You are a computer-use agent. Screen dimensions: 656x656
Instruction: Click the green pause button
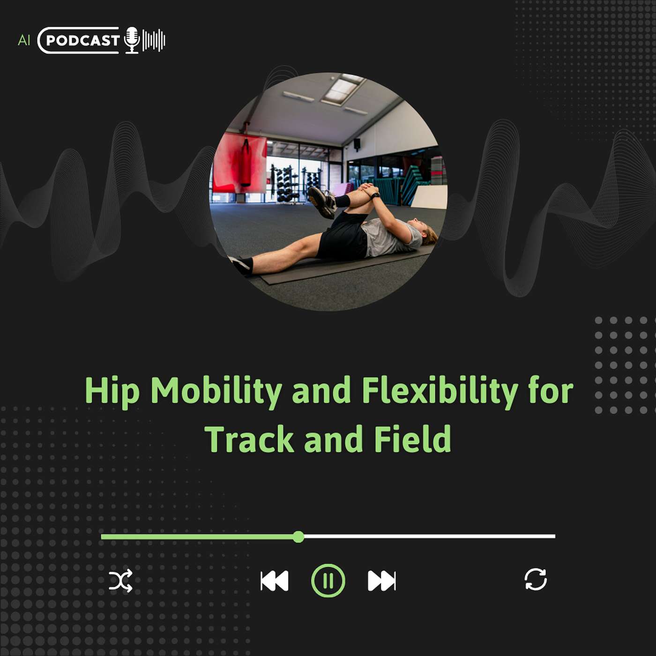pyautogui.click(x=328, y=581)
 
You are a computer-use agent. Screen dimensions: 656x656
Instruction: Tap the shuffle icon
pyautogui.click(x=120, y=581)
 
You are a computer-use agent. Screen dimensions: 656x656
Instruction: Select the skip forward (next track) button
pyautogui.click(x=381, y=581)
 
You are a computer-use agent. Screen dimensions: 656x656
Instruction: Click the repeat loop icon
pyautogui.click(x=536, y=579)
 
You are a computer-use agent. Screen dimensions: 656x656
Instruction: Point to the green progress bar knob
pyautogui.click(x=298, y=537)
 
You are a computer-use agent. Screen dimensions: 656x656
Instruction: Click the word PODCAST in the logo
pyautogui.click(x=82, y=41)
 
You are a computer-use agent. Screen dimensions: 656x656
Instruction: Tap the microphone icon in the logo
pyautogui.click(x=132, y=40)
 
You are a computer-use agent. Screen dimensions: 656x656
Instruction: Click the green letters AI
pyautogui.click(x=24, y=40)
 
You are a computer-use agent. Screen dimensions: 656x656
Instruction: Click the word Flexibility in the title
pyautogui.click(x=440, y=391)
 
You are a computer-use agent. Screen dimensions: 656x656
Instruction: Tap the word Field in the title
pyautogui.click(x=413, y=439)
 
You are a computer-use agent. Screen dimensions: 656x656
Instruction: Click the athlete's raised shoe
pyautogui.click(x=322, y=202)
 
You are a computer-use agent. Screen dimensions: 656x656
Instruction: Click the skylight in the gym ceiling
pyautogui.click(x=342, y=89)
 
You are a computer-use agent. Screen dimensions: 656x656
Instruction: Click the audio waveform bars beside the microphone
pyautogui.click(x=154, y=40)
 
